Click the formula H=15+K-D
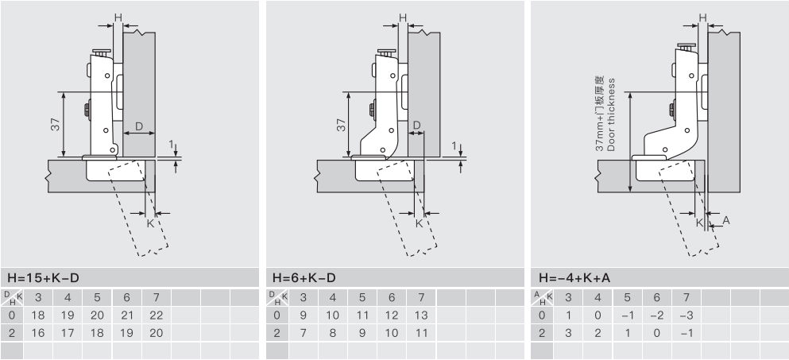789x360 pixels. click(x=43, y=277)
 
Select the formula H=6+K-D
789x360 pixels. click(x=304, y=277)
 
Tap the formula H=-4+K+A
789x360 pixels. click(x=574, y=277)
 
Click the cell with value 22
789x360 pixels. click(x=157, y=315)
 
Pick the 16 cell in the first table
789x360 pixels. click(x=37, y=333)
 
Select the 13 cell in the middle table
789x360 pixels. click(x=421, y=315)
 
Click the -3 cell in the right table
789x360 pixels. click(x=687, y=315)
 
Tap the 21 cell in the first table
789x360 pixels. click(x=127, y=315)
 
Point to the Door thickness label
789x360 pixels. click(x=611, y=114)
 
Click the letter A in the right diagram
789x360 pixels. click(x=725, y=220)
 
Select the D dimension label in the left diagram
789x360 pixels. click(x=139, y=126)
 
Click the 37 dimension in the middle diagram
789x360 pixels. click(x=342, y=125)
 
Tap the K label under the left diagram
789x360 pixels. click(x=150, y=223)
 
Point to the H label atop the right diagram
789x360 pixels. click(x=703, y=17)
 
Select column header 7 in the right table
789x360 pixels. click(x=687, y=297)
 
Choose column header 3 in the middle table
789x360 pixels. click(x=303, y=297)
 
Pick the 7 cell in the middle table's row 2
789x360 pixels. click(x=303, y=333)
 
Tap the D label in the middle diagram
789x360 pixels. click(x=416, y=125)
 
